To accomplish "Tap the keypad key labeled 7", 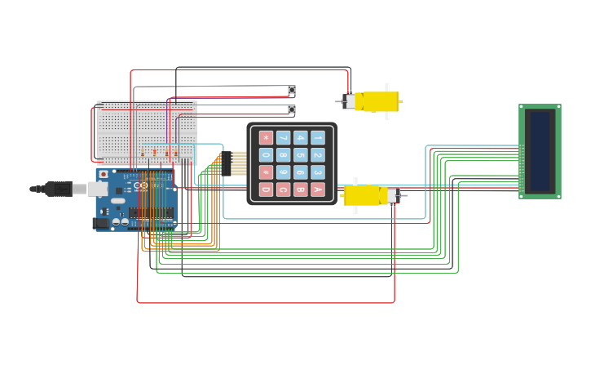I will [x=283, y=138].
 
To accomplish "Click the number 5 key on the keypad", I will [x=301, y=155].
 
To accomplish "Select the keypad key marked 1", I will [x=318, y=138].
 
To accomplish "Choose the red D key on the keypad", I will [x=266, y=189].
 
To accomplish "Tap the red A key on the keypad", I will [x=318, y=189].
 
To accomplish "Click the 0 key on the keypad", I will [x=266, y=155].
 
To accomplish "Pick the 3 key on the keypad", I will [x=318, y=172].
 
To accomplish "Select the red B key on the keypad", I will [x=301, y=189].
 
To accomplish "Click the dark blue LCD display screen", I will [x=540, y=151].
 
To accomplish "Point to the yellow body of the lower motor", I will [x=364, y=195].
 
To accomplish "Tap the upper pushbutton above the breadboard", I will [x=292, y=90].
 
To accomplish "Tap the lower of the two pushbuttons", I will [x=292, y=109].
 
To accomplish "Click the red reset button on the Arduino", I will [x=104, y=175].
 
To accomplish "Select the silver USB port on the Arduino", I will [x=98, y=189].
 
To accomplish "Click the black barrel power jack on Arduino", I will [x=100, y=223].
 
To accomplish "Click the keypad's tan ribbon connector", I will [x=238, y=163].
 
